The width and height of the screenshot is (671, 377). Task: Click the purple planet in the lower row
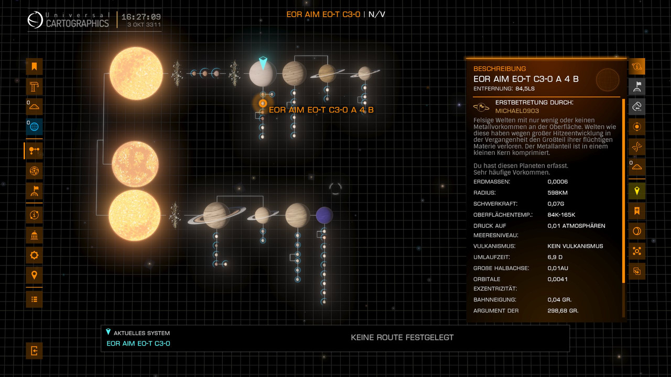324,215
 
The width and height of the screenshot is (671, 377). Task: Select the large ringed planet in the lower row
217,215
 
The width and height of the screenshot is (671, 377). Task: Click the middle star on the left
135,164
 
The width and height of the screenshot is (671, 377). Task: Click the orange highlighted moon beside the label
263,103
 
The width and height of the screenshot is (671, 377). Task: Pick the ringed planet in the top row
327,73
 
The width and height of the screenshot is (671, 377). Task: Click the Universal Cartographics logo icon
35,20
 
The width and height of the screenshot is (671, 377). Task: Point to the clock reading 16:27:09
141,17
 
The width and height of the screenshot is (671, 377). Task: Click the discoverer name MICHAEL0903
517,111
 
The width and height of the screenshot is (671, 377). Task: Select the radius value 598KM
557,193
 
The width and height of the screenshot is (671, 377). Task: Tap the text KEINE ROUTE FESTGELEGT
402,338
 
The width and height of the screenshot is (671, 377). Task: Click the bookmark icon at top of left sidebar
34,66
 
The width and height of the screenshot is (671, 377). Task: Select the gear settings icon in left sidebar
34,255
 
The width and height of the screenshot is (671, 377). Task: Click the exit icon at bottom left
34,351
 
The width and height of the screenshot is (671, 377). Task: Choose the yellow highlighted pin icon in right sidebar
637,191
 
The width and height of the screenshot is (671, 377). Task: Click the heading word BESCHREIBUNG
500,69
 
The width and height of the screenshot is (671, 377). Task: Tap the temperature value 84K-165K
561,215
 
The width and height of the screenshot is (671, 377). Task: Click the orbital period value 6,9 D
555,257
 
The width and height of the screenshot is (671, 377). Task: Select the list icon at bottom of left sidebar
34,299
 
